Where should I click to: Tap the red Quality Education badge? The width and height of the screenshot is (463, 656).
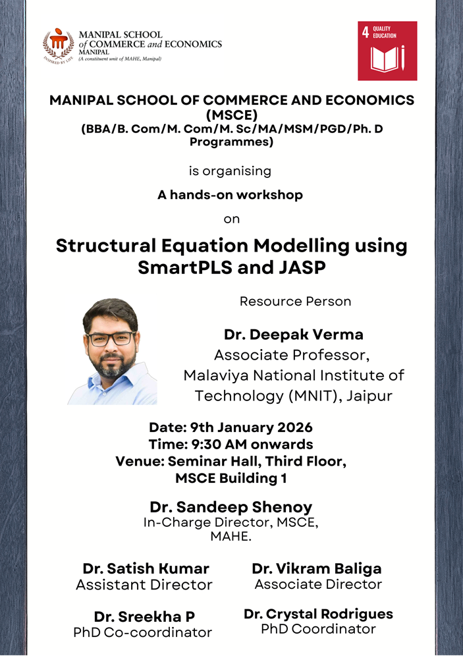tap(387, 51)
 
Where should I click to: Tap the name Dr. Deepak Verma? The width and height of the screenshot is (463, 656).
tap(293, 335)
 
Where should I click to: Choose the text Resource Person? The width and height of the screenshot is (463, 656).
tap(295, 302)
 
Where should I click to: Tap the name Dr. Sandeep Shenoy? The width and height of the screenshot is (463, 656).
tap(231, 507)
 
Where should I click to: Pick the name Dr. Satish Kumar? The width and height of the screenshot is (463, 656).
tap(146, 568)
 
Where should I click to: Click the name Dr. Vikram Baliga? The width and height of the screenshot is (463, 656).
tap(316, 568)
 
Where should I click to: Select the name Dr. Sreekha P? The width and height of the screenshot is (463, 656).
tap(144, 616)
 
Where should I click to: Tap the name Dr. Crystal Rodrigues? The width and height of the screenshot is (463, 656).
tap(318, 614)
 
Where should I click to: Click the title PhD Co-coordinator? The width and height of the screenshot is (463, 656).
tap(142, 633)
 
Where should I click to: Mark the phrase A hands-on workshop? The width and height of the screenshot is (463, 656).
tap(230, 195)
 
